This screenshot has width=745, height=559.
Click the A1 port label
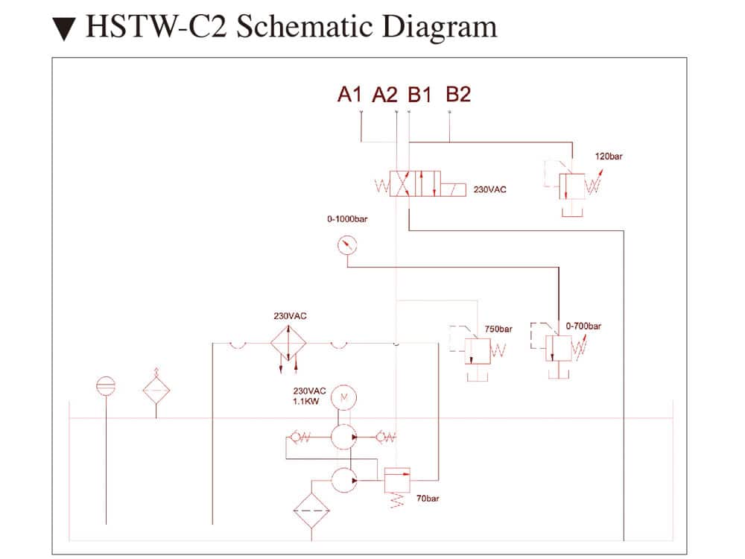pos(349,95)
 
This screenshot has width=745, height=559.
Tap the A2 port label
pos(385,95)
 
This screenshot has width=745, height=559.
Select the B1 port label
pos(419,95)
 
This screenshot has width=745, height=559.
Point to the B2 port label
pos(458,95)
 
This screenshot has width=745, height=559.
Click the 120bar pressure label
pos(609,157)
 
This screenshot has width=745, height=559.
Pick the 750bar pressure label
pos(498,329)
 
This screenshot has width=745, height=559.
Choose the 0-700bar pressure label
pos(583,326)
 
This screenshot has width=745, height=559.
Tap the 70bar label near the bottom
pos(428,498)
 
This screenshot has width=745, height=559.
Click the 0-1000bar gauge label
pos(347,219)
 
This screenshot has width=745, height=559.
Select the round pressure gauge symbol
pos(346,244)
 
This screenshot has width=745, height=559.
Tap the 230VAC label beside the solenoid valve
pos(489,189)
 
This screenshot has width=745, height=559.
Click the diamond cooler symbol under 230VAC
pos(288,344)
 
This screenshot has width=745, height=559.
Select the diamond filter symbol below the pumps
pos(312,511)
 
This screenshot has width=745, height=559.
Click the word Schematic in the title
pos(302,27)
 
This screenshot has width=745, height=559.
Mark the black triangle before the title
pos(64,28)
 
